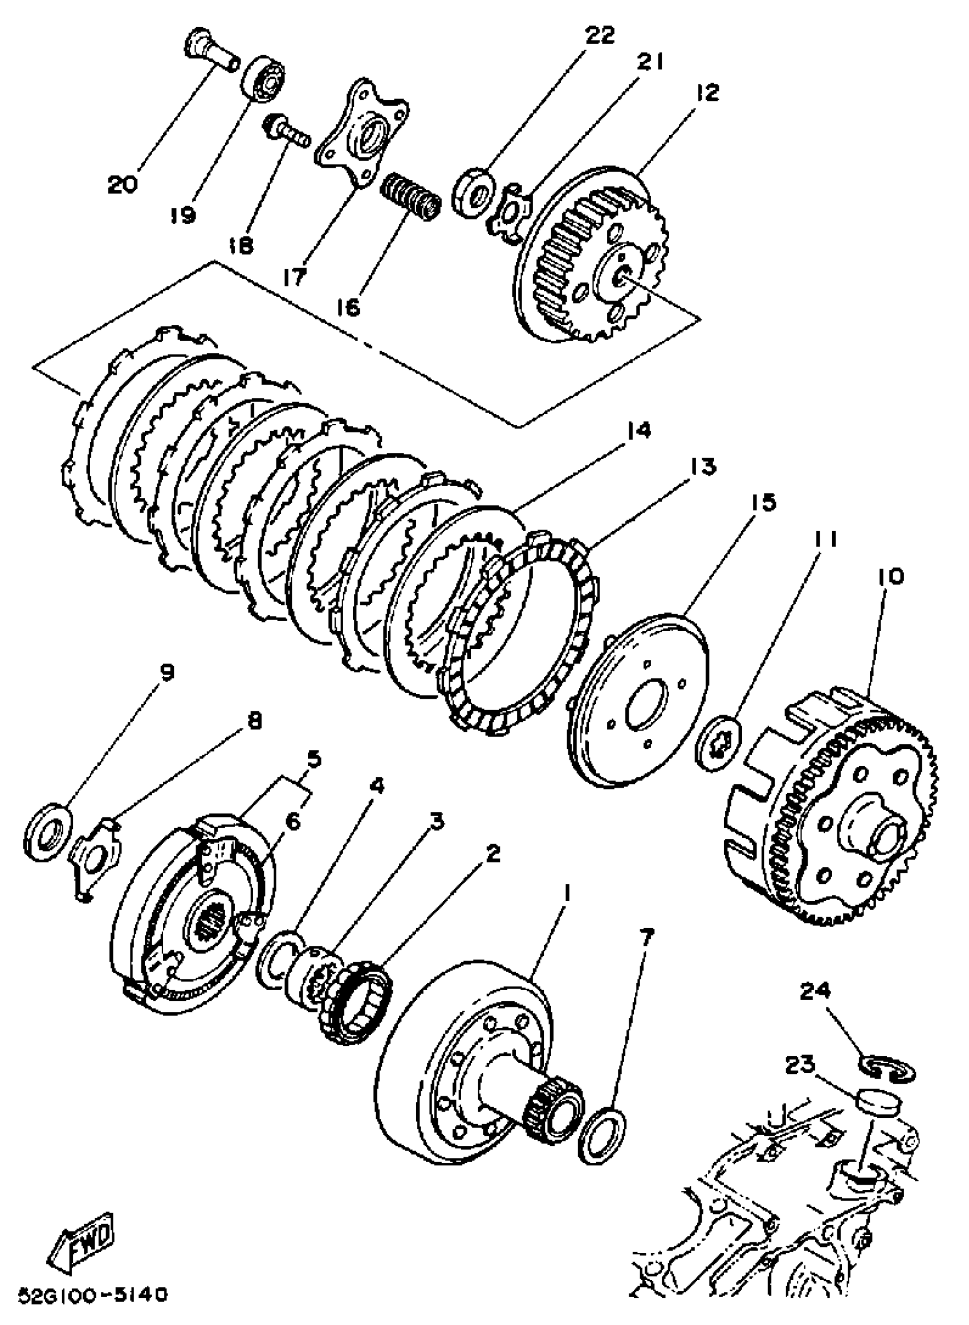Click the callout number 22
click(x=598, y=35)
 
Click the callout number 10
click(x=890, y=577)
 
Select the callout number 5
click(x=314, y=760)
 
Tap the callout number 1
click(x=566, y=895)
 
